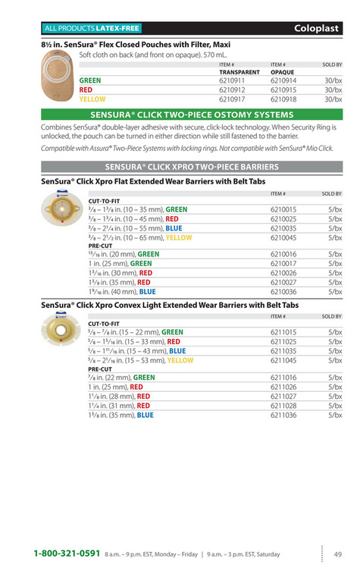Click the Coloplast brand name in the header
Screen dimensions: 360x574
pyautogui.click(x=318, y=28)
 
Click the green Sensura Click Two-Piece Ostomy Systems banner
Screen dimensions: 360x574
pyautogui.click(x=192, y=114)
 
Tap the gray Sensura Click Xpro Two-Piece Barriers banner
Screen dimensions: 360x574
pyautogui.click(x=192, y=166)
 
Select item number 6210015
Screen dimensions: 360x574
pyautogui.click(x=283, y=209)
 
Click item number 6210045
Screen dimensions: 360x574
pyautogui.click(x=283, y=237)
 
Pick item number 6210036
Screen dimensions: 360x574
pyautogui.click(x=283, y=291)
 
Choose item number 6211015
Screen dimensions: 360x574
pyautogui.click(x=283, y=332)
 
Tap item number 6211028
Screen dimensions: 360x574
pyautogui.click(x=283, y=406)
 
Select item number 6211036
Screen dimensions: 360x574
pyautogui.click(x=283, y=415)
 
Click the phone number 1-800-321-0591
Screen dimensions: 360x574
pyautogui.click(x=67, y=554)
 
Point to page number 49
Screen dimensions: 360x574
pyautogui.click(x=338, y=554)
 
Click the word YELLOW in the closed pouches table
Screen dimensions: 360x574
pyautogui.click(x=92, y=99)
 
